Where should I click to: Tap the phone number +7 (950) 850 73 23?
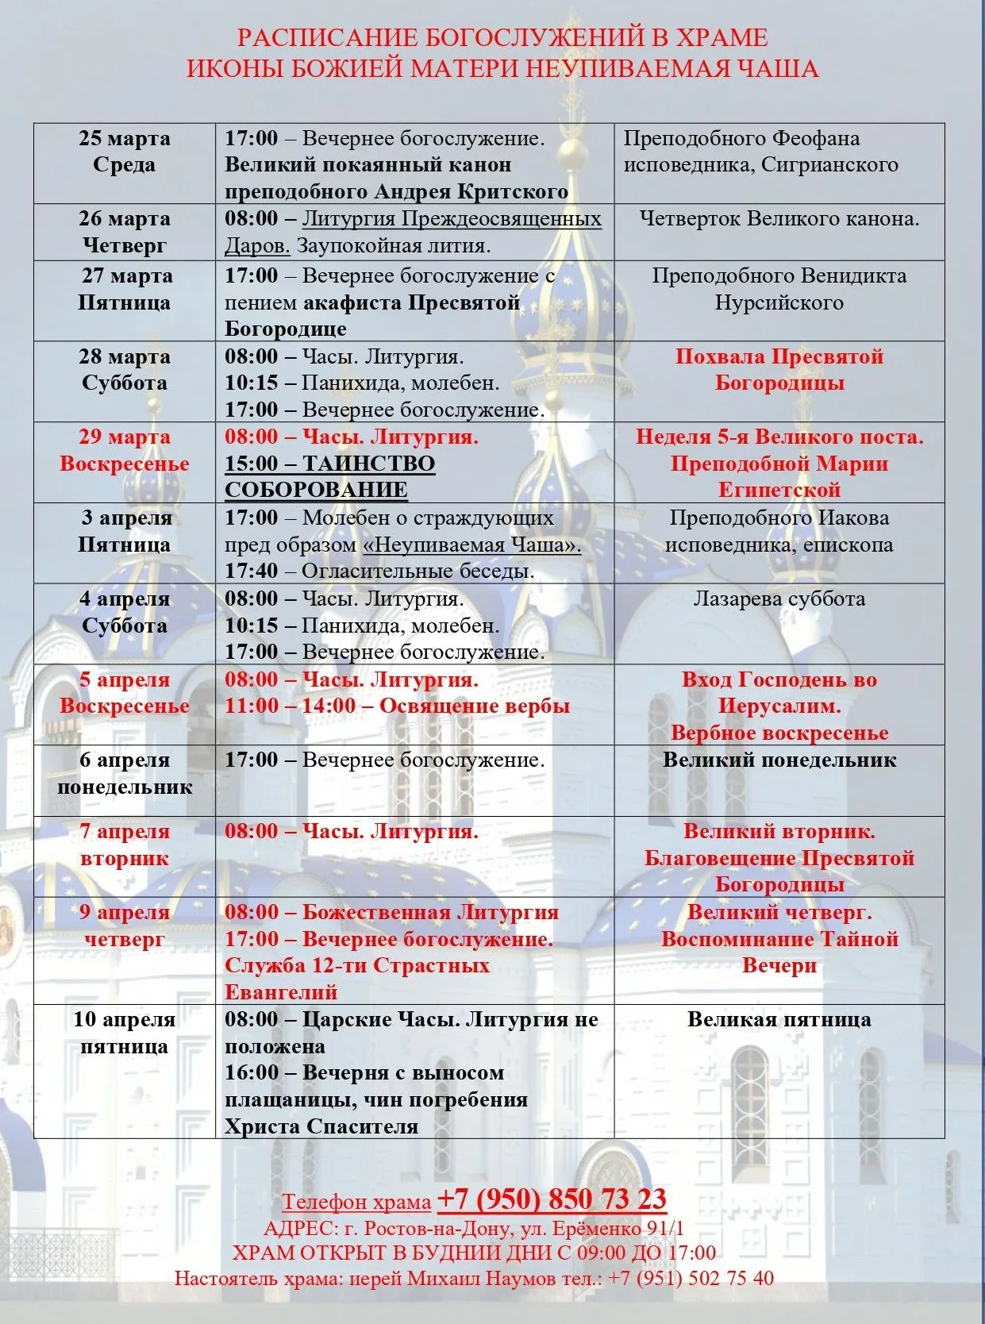tap(552, 1199)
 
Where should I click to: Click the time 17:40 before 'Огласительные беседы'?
tap(251, 572)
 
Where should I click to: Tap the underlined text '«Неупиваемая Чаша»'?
tap(471, 545)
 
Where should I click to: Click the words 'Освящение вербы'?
tap(475, 706)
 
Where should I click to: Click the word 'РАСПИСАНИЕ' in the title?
tap(327, 38)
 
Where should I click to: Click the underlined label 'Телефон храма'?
tap(356, 1203)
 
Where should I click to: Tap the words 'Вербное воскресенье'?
tap(779, 733)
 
